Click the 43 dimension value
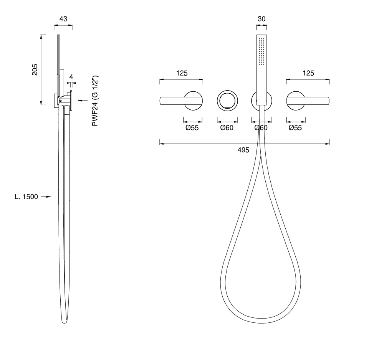coord(63,19)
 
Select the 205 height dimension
coord(35,69)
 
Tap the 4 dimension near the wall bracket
coord(71,77)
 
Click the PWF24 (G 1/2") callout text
coord(95,101)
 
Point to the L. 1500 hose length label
coord(26,197)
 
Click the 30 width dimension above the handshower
coord(261,19)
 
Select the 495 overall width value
coord(243,150)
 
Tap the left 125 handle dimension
coord(182,73)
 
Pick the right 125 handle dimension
coord(308,73)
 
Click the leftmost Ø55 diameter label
coord(192,128)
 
